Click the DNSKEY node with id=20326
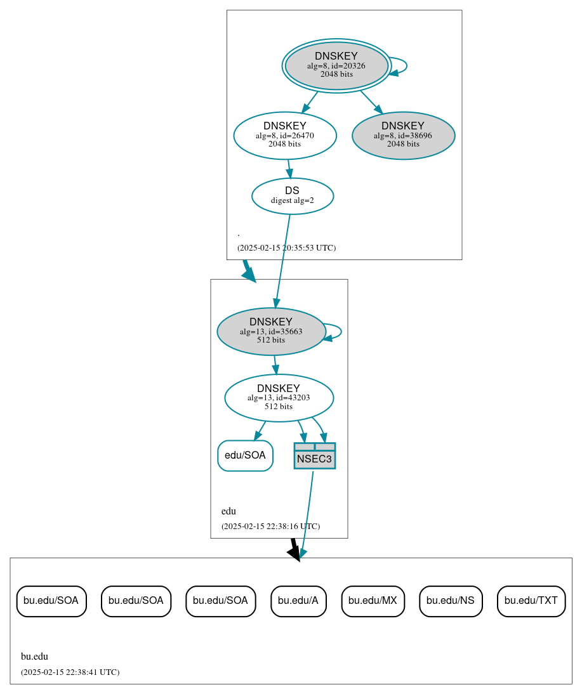click(x=336, y=65)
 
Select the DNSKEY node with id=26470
click(x=284, y=135)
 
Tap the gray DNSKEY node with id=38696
click(x=403, y=135)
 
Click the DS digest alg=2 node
click(x=292, y=196)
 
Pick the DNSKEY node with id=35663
click(x=271, y=331)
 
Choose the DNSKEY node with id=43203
click(x=279, y=398)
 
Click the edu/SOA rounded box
click(x=245, y=455)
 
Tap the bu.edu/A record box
click(x=298, y=601)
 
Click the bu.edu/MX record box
click(x=373, y=601)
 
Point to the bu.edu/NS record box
click(x=451, y=601)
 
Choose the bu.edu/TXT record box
click(x=531, y=601)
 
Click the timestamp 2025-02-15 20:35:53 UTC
click(x=286, y=248)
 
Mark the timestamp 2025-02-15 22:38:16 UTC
click(x=270, y=527)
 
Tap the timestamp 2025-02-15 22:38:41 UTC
click(x=70, y=672)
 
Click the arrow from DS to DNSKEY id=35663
click(x=282, y=260)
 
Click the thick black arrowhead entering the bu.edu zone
click(x=294, y=553)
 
